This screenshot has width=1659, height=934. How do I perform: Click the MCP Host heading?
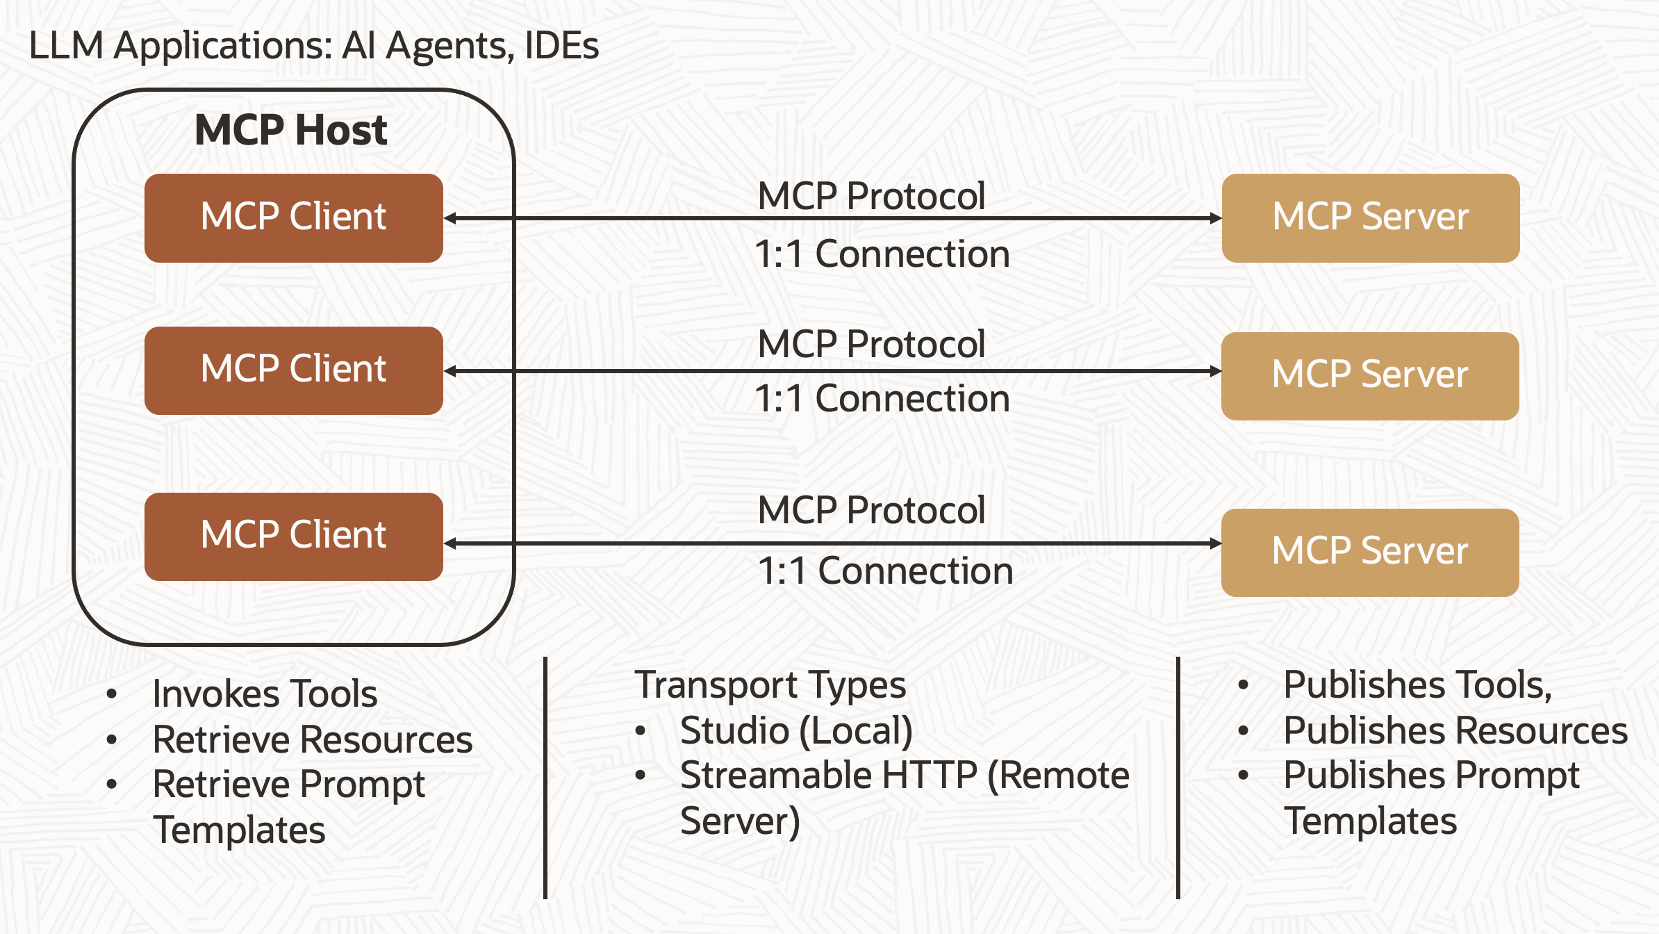290,130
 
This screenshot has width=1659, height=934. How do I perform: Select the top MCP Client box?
293,218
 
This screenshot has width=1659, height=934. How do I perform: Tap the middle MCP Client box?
293,370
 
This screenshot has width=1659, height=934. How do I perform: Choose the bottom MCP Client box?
293,536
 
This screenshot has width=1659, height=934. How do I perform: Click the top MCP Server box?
1370,218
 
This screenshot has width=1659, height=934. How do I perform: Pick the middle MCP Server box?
1370,376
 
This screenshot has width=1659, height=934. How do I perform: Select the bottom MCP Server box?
1370,552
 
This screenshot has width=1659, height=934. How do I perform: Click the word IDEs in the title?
561,46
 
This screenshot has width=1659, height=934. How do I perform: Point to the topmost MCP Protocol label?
871,196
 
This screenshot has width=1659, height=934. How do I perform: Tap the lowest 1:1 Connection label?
885,571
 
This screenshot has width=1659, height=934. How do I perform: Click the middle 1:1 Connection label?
882,399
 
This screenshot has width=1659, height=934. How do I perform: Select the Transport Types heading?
770,685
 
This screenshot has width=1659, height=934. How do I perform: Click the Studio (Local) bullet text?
796,731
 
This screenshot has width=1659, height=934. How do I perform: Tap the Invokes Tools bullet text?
265,694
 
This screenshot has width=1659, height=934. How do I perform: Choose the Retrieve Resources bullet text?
313,739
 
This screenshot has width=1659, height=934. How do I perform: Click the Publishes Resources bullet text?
1455,731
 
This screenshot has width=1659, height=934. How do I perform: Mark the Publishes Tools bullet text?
1417,685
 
